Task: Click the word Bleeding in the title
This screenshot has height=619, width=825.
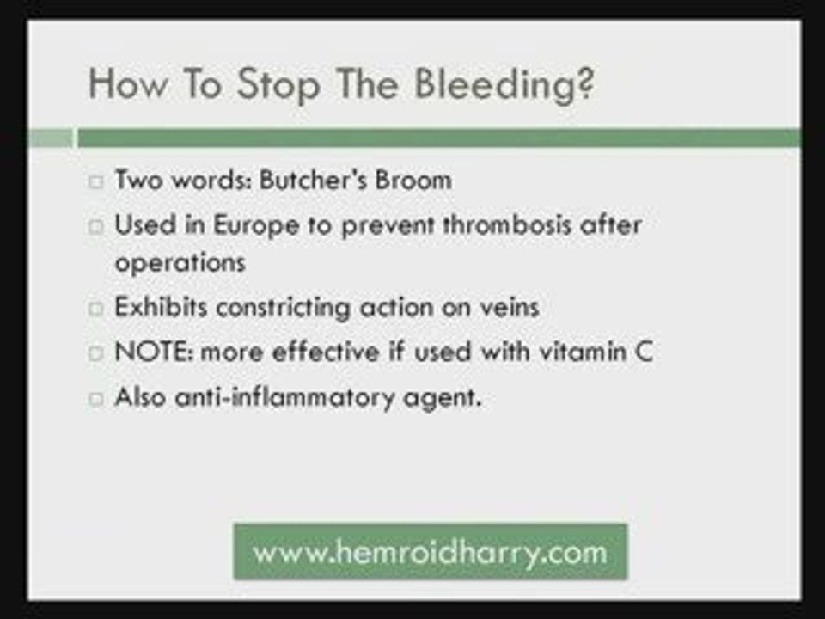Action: pos(498,85)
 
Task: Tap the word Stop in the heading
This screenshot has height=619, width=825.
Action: pos(278,85)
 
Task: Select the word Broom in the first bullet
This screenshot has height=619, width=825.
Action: pos(413,180)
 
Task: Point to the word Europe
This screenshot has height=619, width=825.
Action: pos(256,226)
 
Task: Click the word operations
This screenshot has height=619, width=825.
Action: pos(180,263)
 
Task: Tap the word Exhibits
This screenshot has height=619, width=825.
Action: pos(161,306)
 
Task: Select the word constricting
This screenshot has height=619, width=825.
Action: pos(283,308)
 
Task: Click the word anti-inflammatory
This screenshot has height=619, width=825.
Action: pos(284,397)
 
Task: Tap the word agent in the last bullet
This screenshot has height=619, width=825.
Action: pos(442,398)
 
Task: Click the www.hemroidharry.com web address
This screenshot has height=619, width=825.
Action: pos(430,553)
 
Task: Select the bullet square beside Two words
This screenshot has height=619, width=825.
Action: pos(95,182)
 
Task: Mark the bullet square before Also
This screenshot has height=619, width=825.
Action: pos(95,398)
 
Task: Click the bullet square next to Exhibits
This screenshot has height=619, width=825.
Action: pos(95,309)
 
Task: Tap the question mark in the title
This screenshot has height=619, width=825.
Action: pos(588,83)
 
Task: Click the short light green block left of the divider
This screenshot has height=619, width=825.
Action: pos(51,138)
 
